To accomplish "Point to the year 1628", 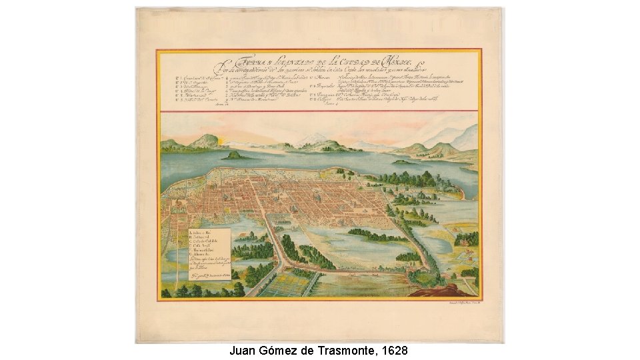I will point(393,351).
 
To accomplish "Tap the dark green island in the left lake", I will point(233,155).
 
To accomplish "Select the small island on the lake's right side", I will point(403,162).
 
